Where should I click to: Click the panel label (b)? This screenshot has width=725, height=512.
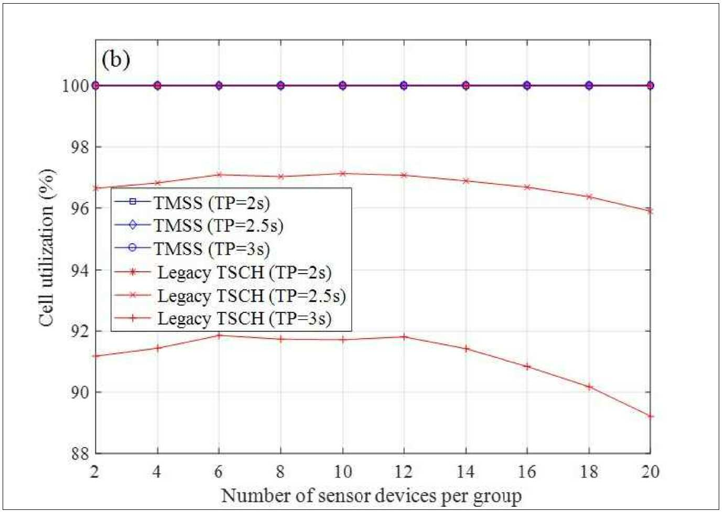point(115,60)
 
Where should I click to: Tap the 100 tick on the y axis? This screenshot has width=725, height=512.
point(75,86)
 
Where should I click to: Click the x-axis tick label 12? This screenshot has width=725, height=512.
point(404,472)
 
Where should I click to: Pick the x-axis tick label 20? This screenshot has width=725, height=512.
point(650,472)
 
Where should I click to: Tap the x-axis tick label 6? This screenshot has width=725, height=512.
point(219,472)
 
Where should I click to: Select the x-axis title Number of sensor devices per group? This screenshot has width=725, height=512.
point(371,496)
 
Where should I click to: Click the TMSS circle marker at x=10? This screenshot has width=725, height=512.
point(342,86)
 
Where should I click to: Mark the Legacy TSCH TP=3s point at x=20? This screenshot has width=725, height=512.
point(650,416)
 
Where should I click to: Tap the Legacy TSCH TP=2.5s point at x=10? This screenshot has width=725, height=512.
point(342,173)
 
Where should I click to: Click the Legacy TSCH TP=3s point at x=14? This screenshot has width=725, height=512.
point(466,349)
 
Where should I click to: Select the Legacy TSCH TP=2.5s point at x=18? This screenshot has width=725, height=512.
point(589,197)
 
